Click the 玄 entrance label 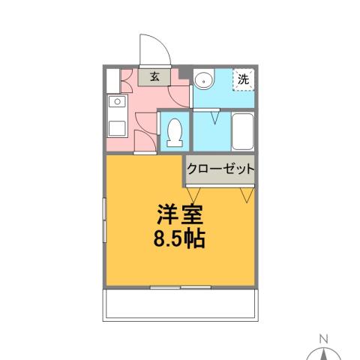coord(154,76)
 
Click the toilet coord(175,132)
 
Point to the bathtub coord(243,132)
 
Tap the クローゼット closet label coord(220,169)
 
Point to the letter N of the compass coord(324,338)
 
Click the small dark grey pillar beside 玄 coord(183,73)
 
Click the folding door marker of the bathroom coord(216,116)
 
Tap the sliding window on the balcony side coord(180,286)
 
